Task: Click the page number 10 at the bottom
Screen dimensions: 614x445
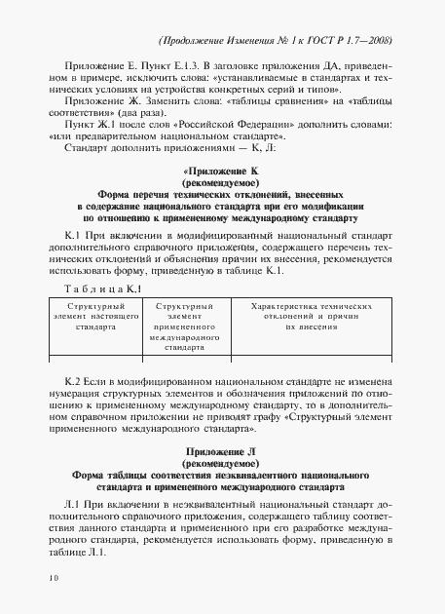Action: (x=52, y=578)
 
